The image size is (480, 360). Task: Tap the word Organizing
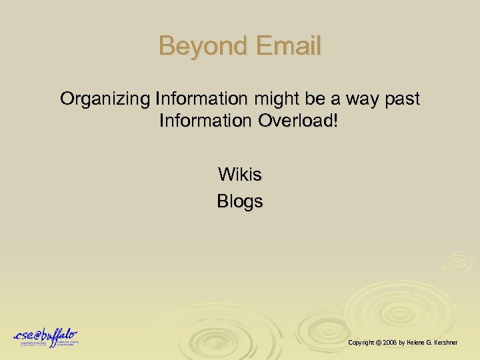point(105,99)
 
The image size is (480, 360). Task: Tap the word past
point(403,99)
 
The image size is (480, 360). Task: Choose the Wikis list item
point(240,175)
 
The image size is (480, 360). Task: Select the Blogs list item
point(240,201)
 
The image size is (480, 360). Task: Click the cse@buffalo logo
point(46,337)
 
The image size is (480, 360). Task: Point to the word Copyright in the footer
point(361,342)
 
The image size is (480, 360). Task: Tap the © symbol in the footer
point(378,342)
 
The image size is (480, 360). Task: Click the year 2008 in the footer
point(389,342)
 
